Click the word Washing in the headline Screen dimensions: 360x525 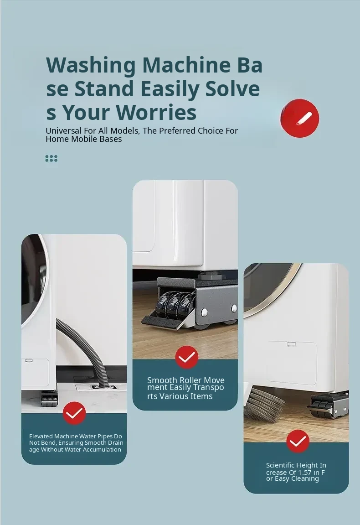coord(91,65)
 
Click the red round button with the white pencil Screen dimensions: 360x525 coord(299,118)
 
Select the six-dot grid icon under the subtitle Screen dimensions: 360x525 coord(51,158)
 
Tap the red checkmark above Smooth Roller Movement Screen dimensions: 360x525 coord(187,357)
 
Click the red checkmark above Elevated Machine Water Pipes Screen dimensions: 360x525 coord(74,413)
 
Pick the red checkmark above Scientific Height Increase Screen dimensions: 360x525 coord(298,441)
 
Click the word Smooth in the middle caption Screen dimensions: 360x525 coord(162,380)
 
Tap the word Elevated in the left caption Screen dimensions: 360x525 coord(41,436)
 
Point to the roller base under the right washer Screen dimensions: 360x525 coord(328,405)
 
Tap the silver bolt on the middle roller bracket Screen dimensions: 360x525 coord(204,313)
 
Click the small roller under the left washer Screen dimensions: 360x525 coord(49,401)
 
